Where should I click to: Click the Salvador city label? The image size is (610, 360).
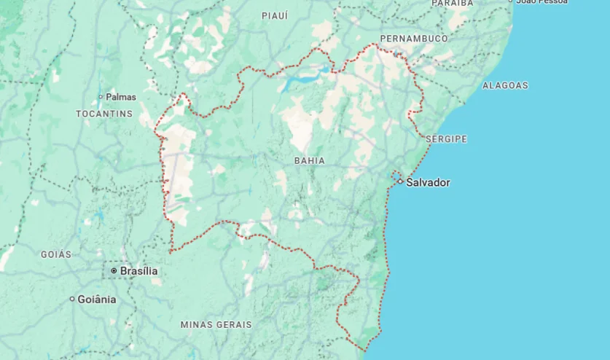pos(428,182)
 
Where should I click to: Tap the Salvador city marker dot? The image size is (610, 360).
pos(400,181)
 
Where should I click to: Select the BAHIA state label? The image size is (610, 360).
pos(309,160)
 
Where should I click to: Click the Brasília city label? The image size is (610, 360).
pos(138,271)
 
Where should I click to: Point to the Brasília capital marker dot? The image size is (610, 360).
pos(114,271)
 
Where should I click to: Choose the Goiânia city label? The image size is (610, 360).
pos(97,299)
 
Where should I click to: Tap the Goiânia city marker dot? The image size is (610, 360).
pos(72,299)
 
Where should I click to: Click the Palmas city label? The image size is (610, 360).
pos(121,96)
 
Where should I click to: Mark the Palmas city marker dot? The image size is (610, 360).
pos(101,96)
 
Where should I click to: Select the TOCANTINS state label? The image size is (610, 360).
pos(104,114)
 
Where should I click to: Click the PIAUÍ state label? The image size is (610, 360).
pos(275,15)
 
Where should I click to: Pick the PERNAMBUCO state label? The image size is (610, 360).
pos(413,38)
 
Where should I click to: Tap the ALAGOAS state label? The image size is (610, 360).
pos(505,85)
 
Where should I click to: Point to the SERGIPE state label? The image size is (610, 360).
pos(446,138)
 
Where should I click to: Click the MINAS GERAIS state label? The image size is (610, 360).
pos(216,324)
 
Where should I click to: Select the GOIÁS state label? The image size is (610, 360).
pos(56,254)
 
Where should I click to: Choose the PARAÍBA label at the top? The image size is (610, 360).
pos(452,3)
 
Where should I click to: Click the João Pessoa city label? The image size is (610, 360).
pos(541,1)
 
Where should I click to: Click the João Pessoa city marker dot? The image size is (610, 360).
pos(510,1)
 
